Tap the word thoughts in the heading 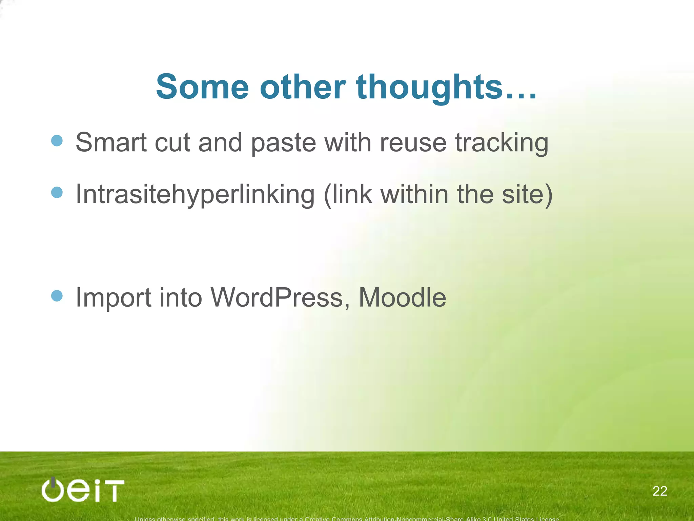click(429, 88)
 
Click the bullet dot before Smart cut click(57, 140)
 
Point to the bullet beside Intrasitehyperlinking click(57, 192)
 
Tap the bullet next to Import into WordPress click(57, 295)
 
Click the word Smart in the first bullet click(111, 142)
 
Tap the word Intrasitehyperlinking click(195, 195)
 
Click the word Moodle click(402, 298)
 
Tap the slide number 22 click(660, 491)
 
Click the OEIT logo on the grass click(83, 490)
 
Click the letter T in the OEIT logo click(114, 491)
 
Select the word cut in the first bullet click(172, 143)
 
